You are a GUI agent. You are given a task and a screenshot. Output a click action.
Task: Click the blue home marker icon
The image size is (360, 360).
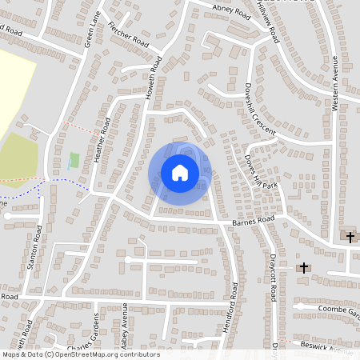(x=180, y=173)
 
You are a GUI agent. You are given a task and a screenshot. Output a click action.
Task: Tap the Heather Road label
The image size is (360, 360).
(x=102, y=140)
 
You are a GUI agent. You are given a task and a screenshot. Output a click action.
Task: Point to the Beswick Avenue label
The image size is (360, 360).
(x=330, y=346)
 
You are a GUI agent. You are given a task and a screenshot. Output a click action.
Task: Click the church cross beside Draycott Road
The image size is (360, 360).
(x=303, y=267)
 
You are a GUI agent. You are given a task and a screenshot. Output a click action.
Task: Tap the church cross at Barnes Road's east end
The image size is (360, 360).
(x=350, y=236)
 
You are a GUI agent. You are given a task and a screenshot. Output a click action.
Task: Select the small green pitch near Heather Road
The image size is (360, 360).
(x=74, y=161)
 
